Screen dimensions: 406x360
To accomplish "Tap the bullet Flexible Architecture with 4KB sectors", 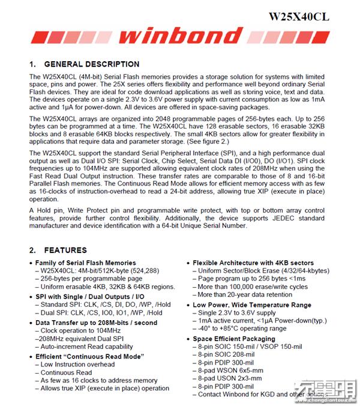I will (256, 263).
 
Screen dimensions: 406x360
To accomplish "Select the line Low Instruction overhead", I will (79, 365).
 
